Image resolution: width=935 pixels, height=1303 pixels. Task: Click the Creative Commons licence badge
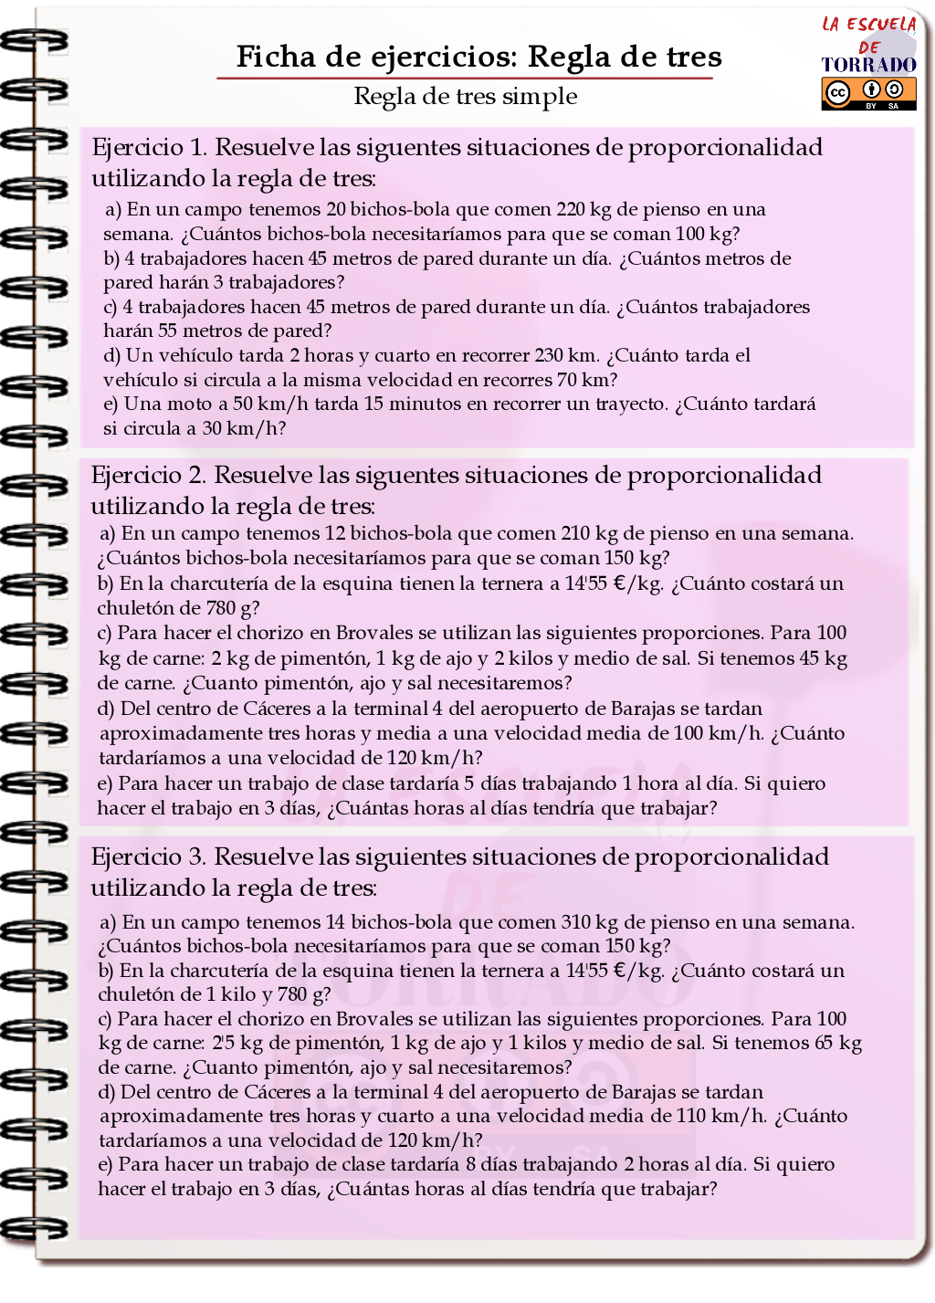(x=868, y=93)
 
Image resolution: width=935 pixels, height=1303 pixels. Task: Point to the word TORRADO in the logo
(x=868, y=65)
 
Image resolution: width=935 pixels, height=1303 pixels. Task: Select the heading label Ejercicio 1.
(x=149, y=148)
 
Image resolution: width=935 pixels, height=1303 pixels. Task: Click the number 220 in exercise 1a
(x=571, y=210)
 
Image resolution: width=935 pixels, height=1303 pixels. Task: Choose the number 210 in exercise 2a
(x=575, y=533)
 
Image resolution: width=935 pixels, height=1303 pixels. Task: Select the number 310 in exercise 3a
(x=576, y=922)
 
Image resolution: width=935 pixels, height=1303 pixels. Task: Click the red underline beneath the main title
(x=464, y=79)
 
